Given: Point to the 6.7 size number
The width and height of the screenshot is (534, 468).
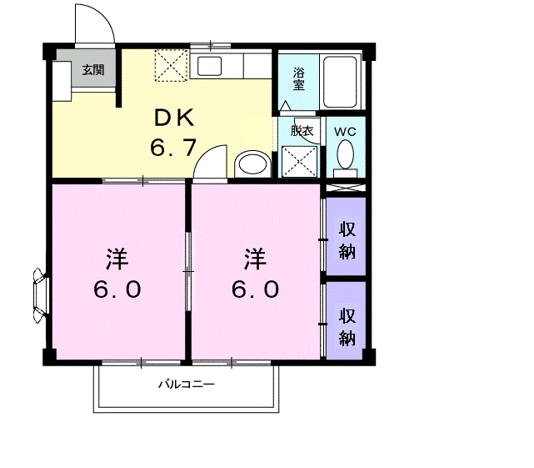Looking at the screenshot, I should [172, 148].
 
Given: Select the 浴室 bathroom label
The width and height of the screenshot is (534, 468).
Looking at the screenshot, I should [298, 79].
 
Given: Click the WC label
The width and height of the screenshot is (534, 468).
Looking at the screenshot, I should [344, 130].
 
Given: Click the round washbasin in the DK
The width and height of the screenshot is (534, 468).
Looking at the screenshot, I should [252, 163].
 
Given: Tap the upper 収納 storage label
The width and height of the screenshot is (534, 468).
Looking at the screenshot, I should [347, 239].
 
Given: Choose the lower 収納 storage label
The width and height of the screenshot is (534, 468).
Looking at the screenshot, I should [347, 327].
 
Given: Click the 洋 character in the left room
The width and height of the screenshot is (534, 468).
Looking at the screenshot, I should [116, 259].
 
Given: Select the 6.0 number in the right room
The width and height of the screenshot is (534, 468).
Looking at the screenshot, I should [255, 289].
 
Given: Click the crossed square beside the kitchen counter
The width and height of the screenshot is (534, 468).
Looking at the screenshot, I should [172, 65].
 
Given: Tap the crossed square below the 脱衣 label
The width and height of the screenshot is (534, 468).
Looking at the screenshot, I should [297, 161].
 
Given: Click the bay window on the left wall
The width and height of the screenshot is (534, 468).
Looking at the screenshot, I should [39, 294].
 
